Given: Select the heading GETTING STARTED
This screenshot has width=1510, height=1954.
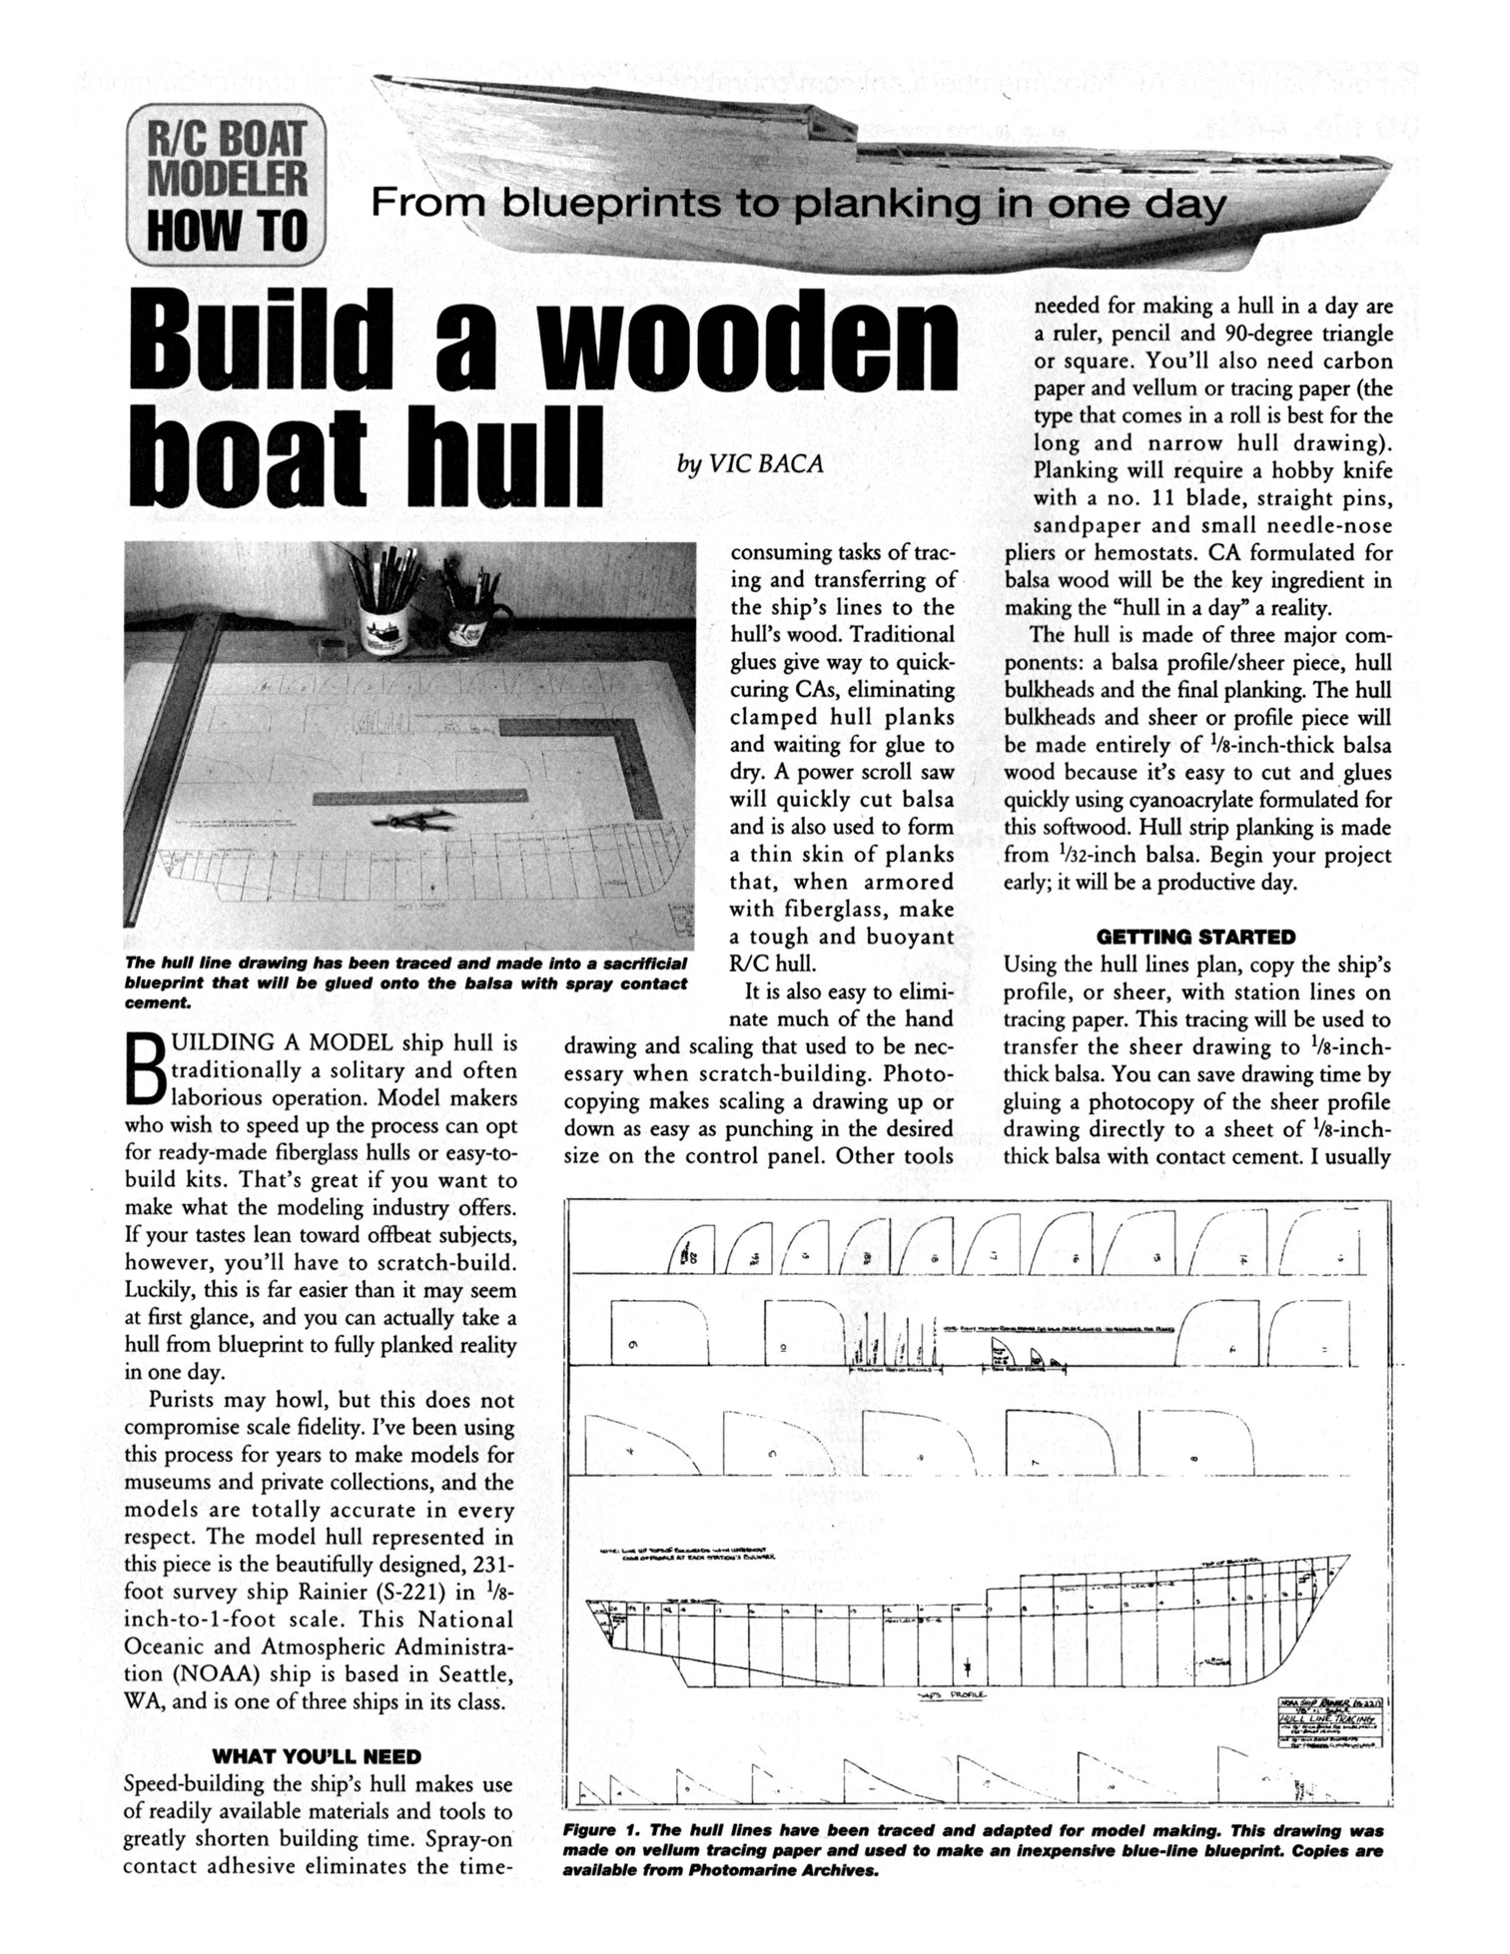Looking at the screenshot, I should [x=1195, y=937].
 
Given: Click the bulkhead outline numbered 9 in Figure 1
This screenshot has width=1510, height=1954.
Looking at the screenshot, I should [x=659, y=1334].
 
